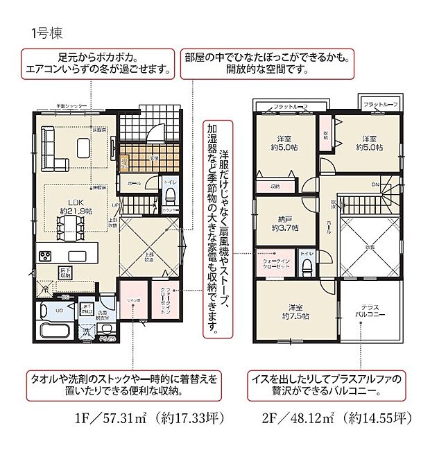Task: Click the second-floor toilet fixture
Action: pos(307,264)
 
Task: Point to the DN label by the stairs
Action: pos(376,184)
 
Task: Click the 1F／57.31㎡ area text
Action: pos(118,418)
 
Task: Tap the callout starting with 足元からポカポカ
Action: pos(97,62)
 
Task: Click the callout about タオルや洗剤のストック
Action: pos(123,386)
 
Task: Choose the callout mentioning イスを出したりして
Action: pos(328,386)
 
